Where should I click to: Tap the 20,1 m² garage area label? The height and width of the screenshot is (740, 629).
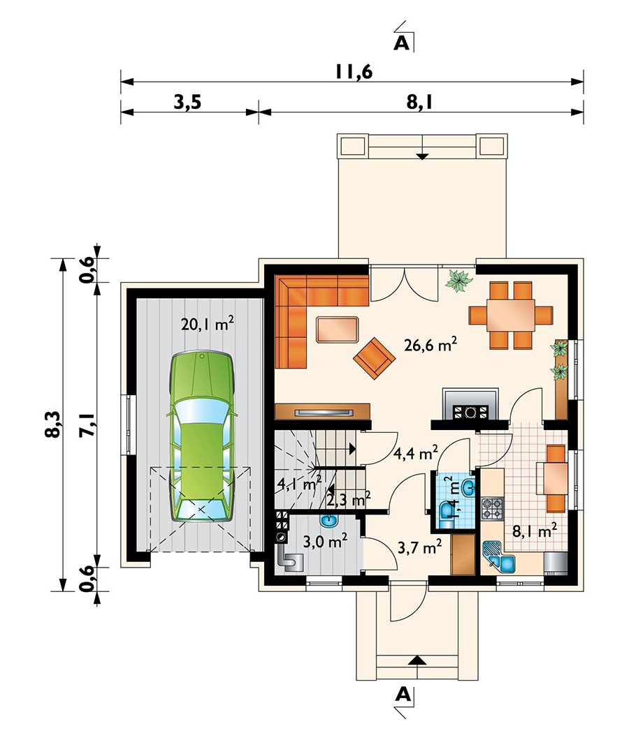click(208, 324)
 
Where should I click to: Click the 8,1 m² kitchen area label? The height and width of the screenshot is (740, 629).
click(535, 531)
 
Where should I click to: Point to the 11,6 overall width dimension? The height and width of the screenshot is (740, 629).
click(354, 71)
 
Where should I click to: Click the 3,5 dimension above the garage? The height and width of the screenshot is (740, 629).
click(187, 101)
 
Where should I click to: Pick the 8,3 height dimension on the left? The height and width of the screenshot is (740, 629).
click(53, 424)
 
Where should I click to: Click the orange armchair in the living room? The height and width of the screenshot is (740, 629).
click(374, 357)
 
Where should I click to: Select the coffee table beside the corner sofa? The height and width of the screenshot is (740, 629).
click(337, 329)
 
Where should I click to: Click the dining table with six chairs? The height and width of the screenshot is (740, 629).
click(510, 315)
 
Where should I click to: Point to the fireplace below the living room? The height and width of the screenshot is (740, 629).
click(470, 404)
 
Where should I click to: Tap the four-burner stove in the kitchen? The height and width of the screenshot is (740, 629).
click(492, 508)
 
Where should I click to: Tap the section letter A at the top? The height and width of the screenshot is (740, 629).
click(401, 43)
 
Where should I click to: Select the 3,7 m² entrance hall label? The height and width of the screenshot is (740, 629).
click(420, 547)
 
